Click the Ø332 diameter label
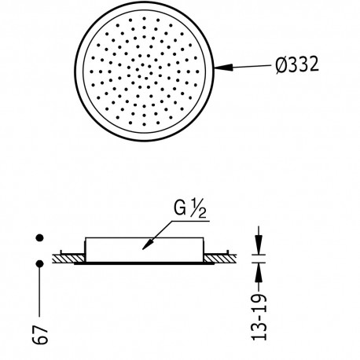[x=292, y=67]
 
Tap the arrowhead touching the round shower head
[x=222, y=68]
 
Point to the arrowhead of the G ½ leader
[x=145, y=247]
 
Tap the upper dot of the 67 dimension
[x=39, y=238]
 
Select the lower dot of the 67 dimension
[x=39, y=263]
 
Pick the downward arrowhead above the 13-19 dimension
[x=260, y=246]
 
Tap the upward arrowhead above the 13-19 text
[x=260, y=268]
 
